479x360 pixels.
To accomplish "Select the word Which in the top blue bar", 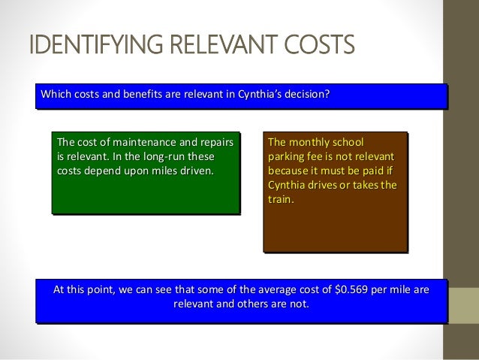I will [56, 95].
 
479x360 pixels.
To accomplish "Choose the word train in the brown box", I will [282, 200].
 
